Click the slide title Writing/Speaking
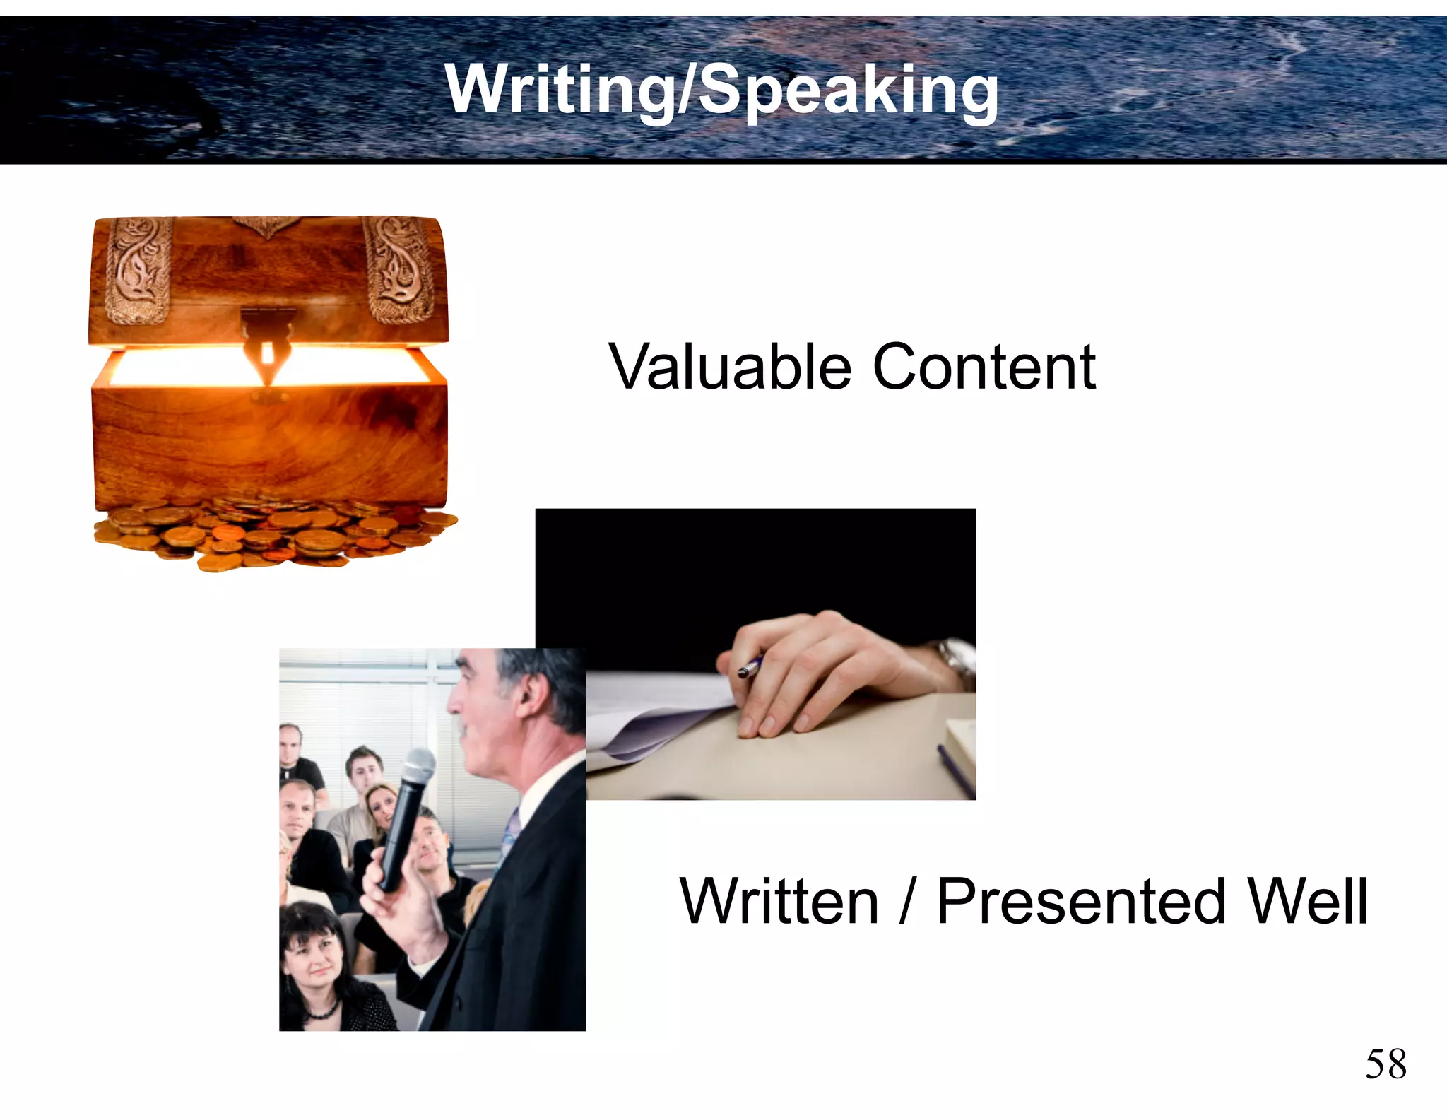coord(722,90)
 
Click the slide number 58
coord(1386,1064)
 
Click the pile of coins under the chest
coord(276,534)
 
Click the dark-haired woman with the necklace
coord(316,961)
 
